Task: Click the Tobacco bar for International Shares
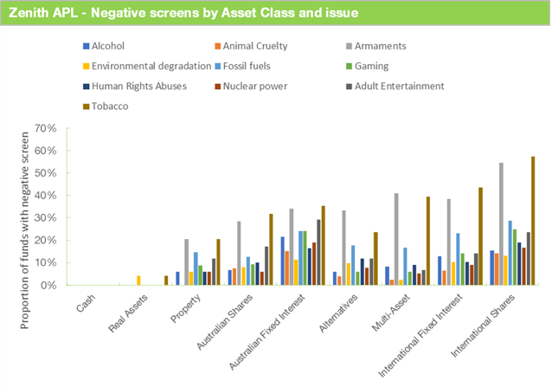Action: [532, 221]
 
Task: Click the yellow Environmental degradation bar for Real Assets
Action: [138, 281]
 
